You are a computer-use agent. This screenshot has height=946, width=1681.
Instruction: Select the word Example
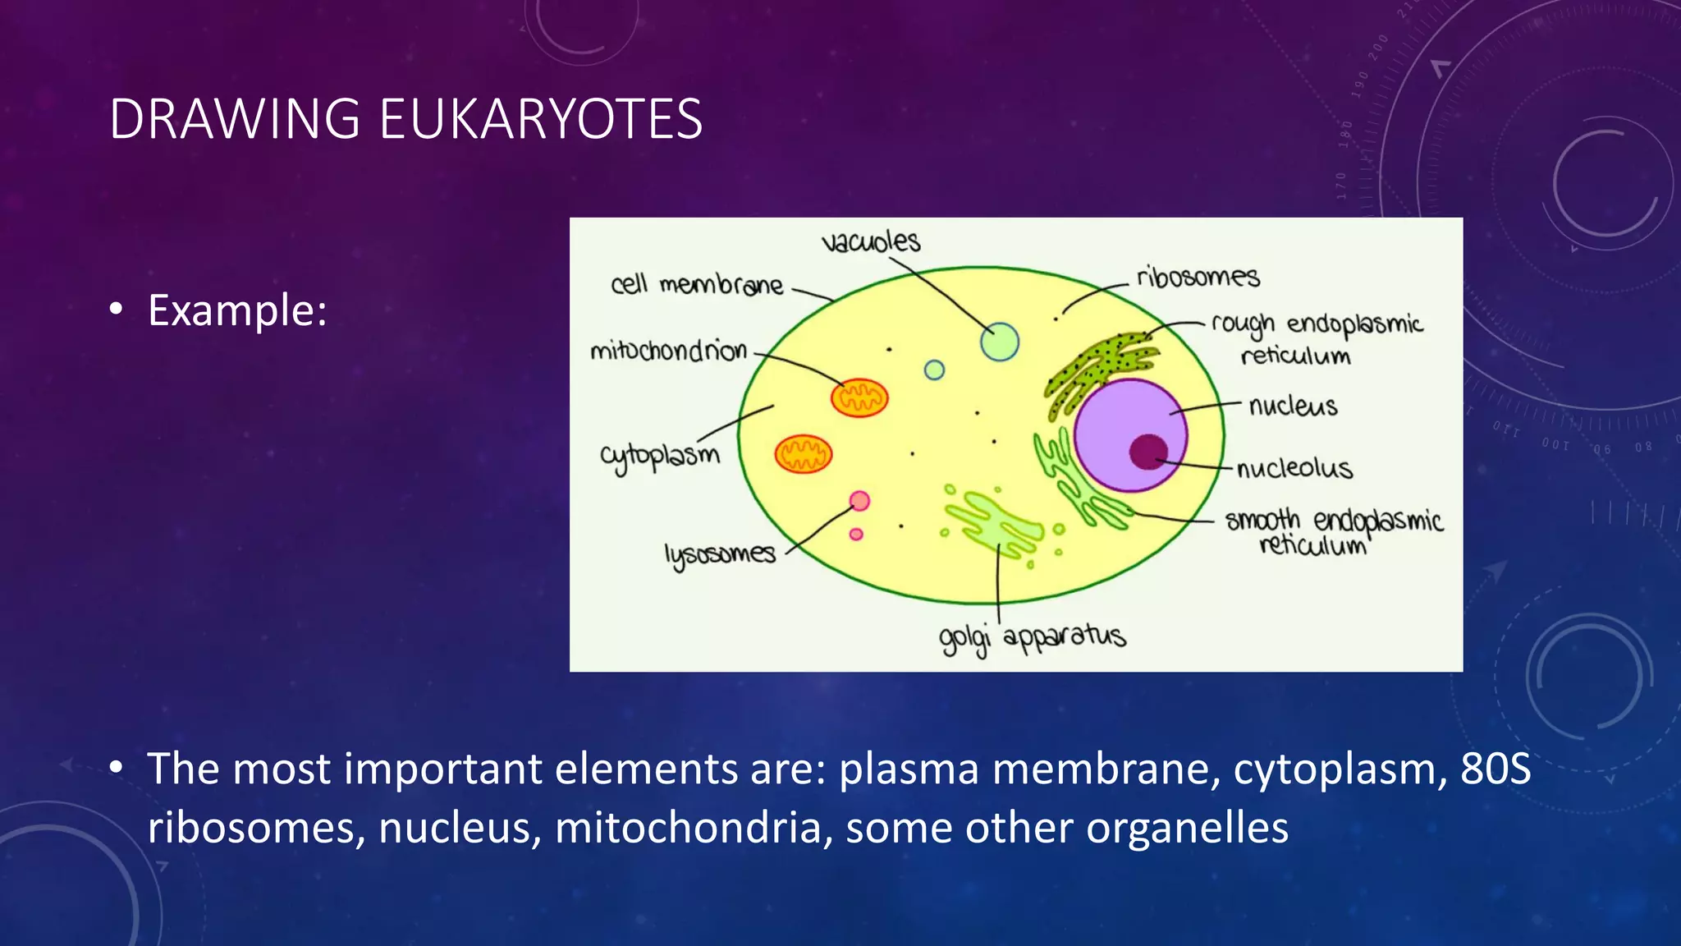236,310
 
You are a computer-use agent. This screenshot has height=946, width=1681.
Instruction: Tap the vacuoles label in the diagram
871,241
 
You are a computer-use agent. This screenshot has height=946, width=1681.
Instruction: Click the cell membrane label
697,285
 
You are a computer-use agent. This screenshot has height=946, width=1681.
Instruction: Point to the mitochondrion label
668,351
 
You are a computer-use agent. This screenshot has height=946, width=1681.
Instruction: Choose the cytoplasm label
659,456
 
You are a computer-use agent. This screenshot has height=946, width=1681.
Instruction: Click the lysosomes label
720,554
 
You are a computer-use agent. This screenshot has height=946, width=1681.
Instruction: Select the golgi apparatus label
1032,637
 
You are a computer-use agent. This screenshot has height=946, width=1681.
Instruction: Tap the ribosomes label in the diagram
1198,277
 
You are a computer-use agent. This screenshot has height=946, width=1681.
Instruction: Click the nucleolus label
1294,468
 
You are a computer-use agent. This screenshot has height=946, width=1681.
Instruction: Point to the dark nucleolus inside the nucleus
1148,452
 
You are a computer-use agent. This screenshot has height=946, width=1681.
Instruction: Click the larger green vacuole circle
1000,342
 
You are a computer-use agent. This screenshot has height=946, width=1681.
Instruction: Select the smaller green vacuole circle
934,370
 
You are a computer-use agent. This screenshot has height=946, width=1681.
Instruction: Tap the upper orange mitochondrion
859,398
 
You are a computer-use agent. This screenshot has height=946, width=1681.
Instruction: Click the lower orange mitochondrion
804,454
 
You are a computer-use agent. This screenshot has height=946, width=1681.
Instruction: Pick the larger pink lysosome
859,501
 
